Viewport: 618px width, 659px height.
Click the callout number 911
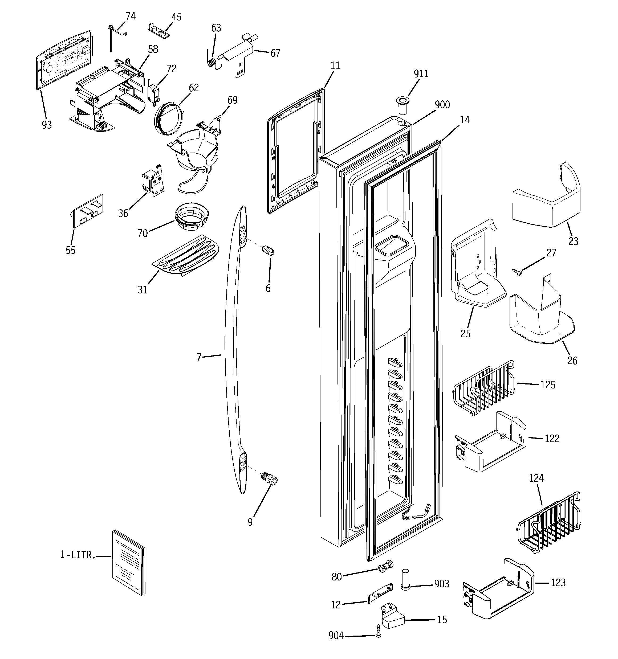point(421,73)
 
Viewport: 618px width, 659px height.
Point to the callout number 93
point(47,125)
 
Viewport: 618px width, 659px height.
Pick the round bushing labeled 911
point(402,103)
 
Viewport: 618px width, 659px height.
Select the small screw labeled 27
point(517,272)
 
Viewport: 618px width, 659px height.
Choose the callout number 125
point(548,384)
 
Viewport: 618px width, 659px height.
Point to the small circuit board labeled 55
point(88,211)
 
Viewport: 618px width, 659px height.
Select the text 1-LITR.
point(77,555)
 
